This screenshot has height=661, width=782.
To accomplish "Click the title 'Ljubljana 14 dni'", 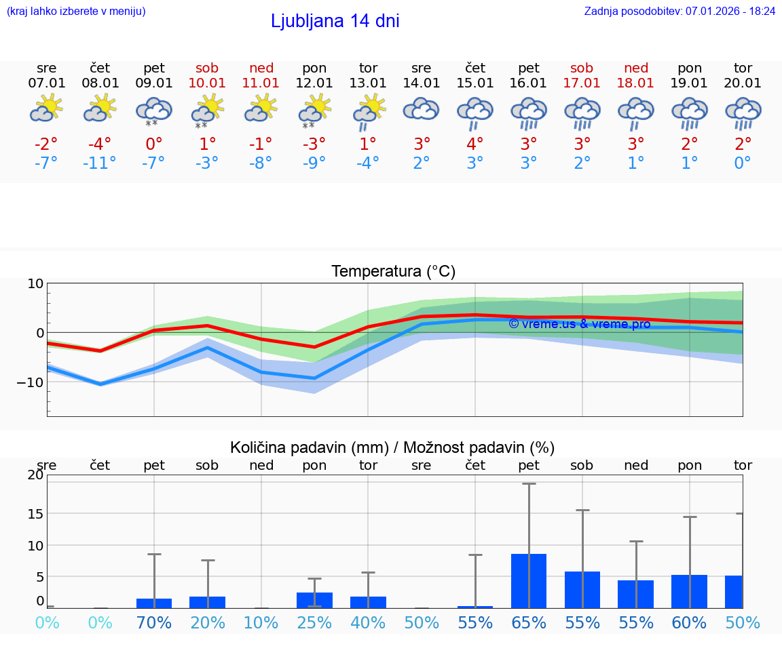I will [335, 21].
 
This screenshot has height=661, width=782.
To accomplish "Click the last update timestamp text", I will [679, 12].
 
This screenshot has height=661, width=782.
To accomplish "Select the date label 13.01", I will [368, 83].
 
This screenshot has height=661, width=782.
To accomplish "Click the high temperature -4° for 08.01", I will [100, 144].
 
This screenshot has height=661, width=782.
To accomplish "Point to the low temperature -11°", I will [100, 163].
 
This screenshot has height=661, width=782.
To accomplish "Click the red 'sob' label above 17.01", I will [582, 68].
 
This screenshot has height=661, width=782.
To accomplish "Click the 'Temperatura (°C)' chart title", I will [393, 272].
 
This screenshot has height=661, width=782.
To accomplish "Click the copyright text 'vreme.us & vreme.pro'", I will [579, 324].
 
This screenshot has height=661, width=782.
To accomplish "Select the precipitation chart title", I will [392, 447].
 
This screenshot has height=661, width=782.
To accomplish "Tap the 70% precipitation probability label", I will [154, 622].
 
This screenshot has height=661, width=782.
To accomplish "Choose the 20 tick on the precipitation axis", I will [35, 475].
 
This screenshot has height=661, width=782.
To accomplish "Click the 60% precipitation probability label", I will [689, 622].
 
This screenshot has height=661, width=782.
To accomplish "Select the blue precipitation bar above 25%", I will [314, 600].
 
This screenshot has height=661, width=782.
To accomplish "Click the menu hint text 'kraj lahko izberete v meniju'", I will [76, 12].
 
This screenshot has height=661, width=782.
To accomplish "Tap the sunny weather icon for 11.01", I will [261, 108].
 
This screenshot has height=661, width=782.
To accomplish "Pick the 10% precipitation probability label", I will [261, 622].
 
